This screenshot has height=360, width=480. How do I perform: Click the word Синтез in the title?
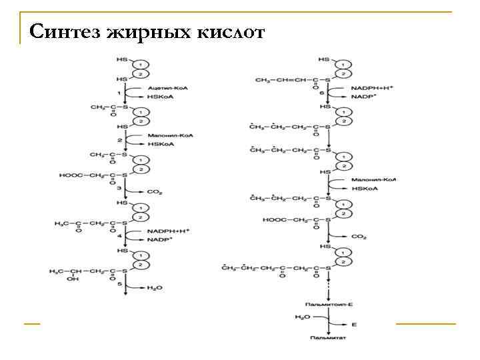(x=63, y=31)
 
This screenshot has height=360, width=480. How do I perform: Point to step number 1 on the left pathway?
(x=119, y=91)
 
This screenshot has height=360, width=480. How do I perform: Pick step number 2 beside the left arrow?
(x=119, y=140)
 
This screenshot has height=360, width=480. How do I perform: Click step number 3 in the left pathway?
(x=119, y=189)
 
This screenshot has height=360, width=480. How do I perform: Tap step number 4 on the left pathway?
(x=119, y=235)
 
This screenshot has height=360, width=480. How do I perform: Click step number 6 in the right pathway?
(x=322, y=93)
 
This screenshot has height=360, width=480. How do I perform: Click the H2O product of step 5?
(x=154, y=287)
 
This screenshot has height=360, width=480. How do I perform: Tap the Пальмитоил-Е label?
(x=330, y=303)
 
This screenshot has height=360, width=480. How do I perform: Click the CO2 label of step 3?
(x=155, y=192)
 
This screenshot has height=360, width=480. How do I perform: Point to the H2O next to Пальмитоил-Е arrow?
(x=302, y=318)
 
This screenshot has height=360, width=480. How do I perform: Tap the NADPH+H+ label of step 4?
(x=169, y=230)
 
